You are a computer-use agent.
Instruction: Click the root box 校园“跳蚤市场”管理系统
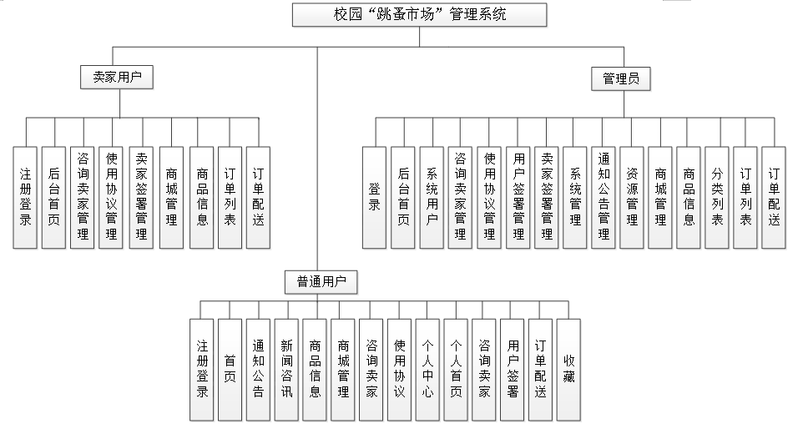click(419, 15)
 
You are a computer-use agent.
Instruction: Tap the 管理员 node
click(620, 79)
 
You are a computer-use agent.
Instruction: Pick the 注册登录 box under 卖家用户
click(26, 198)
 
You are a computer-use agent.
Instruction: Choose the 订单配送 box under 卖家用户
click(258, 198)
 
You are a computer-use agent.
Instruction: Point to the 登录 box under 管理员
click(375, 198)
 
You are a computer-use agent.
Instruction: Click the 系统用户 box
click(432, 198)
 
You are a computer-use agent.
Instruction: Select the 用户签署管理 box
click(518, 198)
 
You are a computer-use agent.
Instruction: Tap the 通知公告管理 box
click(604, 198)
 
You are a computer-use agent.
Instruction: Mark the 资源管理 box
click(632, 198)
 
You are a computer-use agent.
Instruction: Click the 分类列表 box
click(717, 198)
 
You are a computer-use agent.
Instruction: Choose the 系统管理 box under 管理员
click(575, 198)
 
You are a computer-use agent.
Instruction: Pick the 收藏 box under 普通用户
click(568, 369)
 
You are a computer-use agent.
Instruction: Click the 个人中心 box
click(427, 369)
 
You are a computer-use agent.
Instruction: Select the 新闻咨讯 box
click(286, 369)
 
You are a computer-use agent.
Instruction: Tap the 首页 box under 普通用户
click(230, 369)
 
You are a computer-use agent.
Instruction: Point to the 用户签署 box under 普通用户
click(513, 369)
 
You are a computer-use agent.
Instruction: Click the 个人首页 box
click(456, 369)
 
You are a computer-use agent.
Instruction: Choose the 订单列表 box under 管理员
click(745, 198)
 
